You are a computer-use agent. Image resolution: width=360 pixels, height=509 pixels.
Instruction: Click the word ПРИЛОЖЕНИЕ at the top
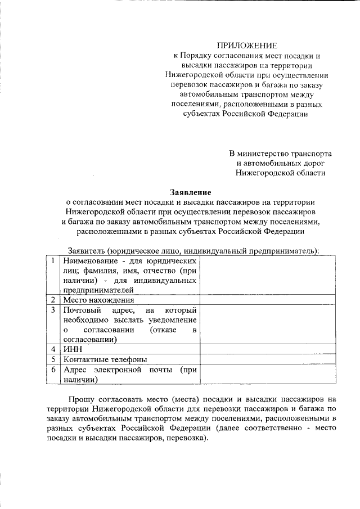(247, 45)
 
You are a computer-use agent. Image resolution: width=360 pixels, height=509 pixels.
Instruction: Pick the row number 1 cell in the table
(52, 261)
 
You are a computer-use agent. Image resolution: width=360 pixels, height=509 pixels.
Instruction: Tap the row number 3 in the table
(52, 310)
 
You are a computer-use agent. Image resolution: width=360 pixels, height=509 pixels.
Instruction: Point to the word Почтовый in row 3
(82, 310)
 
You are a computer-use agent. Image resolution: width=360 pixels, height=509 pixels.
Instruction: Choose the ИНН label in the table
(72, 349)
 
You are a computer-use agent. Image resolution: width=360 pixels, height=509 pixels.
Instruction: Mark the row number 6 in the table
(52, 370)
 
